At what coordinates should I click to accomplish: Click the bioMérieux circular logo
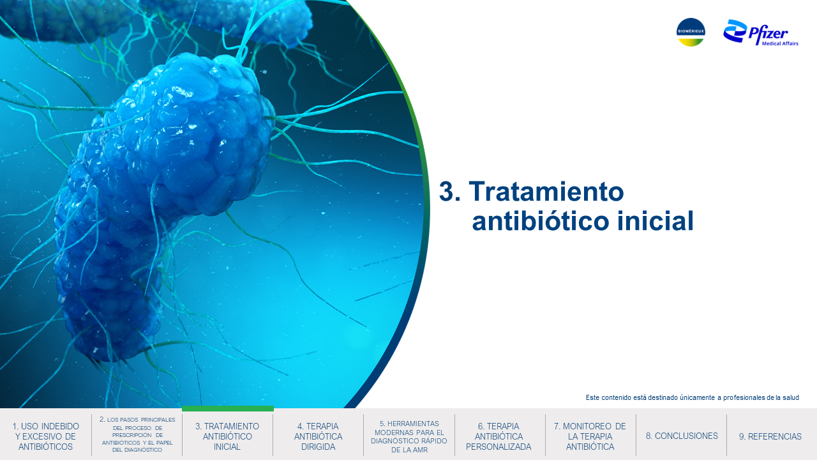click(691, 32)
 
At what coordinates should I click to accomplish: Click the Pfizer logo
click(760, 33)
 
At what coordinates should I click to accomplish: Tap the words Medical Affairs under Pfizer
click(780, 43)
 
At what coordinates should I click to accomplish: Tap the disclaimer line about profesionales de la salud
click(693, 397)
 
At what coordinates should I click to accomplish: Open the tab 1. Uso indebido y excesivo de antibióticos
click(45, 436)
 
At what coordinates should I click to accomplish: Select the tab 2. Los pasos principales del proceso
click(137, 434)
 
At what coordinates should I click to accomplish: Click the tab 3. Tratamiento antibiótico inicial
click(227, 436)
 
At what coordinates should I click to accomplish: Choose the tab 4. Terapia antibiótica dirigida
click(318, 436)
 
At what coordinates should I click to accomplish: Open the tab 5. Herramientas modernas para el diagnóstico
click(409, 436)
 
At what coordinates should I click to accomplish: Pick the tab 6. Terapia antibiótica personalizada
click(498, 436)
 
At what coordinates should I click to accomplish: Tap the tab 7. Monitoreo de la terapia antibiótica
click(590, 436)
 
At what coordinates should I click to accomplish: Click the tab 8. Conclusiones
click(682, 436)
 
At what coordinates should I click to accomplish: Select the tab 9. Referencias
click(770, 436)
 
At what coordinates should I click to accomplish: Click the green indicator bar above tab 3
click(228, 408)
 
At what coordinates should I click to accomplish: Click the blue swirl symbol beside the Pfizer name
click(735, 31)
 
